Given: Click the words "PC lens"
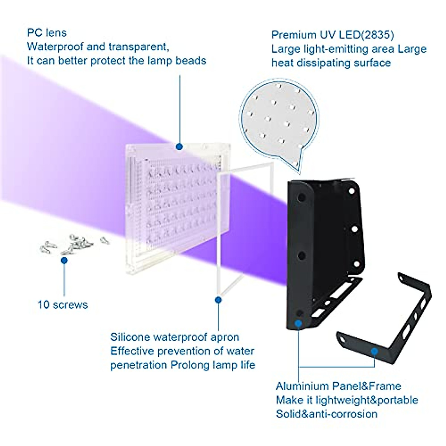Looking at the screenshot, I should [47, 33].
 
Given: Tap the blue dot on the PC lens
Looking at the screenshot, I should [179, 146].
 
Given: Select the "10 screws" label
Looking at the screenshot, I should [62, 305].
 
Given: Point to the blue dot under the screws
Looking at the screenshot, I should [64, 261].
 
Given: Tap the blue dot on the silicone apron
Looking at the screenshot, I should [218, 300].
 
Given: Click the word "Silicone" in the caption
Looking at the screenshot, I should [130, 337].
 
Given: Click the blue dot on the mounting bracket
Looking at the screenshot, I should [375, 351].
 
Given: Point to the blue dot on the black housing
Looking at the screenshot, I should [298, 323].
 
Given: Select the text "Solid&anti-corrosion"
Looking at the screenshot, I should [326, 414].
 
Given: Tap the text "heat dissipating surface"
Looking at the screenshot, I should [331, 63].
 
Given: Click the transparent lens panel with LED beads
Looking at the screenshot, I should [175, 208].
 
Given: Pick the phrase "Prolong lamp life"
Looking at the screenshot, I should [213, 365].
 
